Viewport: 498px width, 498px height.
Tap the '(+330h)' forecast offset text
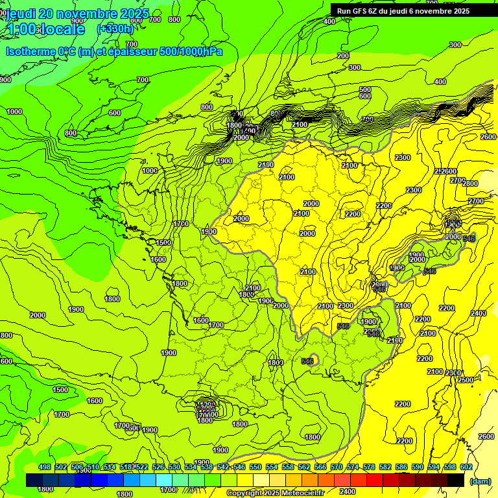point(115,29)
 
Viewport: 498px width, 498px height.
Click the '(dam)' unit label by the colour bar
point(480,480)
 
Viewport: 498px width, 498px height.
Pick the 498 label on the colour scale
point(45,467)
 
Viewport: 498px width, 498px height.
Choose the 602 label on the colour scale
point(466,467)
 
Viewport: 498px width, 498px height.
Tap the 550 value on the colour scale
point(255,467)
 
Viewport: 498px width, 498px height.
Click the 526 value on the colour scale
point(158,467)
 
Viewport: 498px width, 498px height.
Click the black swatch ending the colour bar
point(456,480)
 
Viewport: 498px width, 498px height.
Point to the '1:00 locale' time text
point(45,29)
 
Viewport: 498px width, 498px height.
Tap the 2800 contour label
point(469,184)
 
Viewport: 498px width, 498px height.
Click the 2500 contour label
point(466,380)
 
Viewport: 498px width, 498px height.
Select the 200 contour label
point(343,56)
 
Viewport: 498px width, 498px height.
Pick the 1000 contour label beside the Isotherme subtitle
point(14,112)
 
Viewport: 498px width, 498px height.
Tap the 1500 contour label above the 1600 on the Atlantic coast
point(163,243)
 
